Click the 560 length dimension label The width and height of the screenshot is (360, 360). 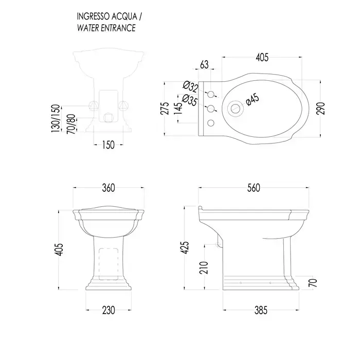[x=254, y=188]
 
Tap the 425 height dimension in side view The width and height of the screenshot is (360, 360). [x=185, y=247]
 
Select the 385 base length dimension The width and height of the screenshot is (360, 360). [x=261, y=310]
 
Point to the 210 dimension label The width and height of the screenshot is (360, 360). [x=204, y=268]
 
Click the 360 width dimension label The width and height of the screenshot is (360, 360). [x=109, y=188]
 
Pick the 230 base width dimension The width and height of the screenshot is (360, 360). [x=109, y=310]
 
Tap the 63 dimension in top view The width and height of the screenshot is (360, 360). [x=204, y=64]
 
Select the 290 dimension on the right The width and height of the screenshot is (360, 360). [x=321, y=109]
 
